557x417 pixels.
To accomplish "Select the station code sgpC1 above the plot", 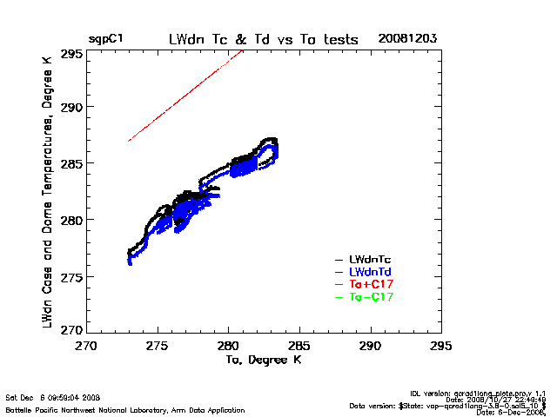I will [106, 39].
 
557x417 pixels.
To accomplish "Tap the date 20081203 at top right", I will [407, 39].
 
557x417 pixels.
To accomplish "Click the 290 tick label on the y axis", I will [72, 108].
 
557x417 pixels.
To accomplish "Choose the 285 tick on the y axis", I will [72, 163].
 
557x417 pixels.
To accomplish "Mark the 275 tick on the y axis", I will [72, 275].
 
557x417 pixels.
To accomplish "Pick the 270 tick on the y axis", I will [72, 331].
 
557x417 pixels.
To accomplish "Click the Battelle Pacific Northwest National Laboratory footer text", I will [125, 409].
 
